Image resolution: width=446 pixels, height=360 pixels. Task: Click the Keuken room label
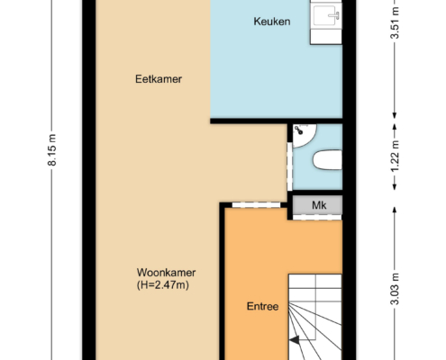pyautogui.click(x=272, y=22)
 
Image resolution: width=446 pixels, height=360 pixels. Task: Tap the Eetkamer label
pyautogui.click(x=159, y=79)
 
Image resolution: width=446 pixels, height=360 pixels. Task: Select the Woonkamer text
pyautogui.click(x=166, y=273)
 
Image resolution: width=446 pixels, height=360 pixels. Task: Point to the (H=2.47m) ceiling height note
pyautogui.click(x=163, y=284)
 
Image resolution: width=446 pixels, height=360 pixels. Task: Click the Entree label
pyautogui.click(x=262, y=306)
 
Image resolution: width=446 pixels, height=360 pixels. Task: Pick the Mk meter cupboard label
pyautogui.click(x=319, y=205)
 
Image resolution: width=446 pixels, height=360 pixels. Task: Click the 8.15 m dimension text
pyautogui.click(x=52, y=150)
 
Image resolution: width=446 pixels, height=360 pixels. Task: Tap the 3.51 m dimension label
pyautogui.click(x=395, y=22)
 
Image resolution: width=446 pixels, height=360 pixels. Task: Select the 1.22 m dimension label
pyautogui.click(x=395, y=157)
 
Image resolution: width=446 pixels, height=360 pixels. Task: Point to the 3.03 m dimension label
pyautogui.click(x=395, y=289)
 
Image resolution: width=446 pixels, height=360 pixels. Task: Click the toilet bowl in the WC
pyautogui.click(x=327, y=160)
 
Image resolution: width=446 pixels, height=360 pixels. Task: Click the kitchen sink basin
pyautogui.click(x=326, y=15)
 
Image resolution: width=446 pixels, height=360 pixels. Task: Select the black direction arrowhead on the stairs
pyautogui.click(x=295, y=340)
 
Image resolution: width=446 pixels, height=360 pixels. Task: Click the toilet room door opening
pyautogui.click(x=289, y=166)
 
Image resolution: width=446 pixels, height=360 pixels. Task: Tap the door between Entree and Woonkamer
pyautogui.click(x=256, y=205)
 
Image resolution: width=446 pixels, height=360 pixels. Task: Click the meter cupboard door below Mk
pyautogui.click(x=317, y=217)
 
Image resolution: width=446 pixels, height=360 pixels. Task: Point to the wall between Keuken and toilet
pyautogui.click(x=277, y=121)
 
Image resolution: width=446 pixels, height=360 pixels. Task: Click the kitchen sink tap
pyautogui.click(x=334, y=15)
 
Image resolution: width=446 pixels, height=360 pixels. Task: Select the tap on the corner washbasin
pyautogui.click(x=299, y=130)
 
